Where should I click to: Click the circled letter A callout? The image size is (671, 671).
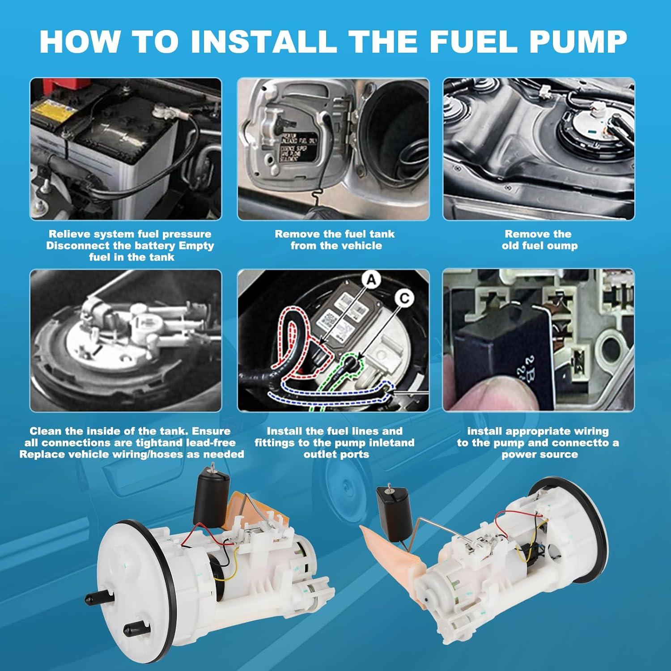point(370,280)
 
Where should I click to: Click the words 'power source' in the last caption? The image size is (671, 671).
point(539,454)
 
